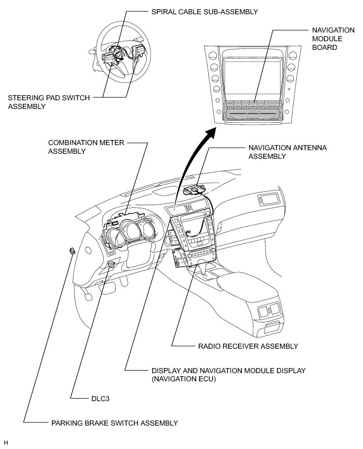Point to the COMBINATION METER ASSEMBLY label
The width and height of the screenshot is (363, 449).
pos(86,147)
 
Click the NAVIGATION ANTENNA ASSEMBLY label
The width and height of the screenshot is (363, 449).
pos(287,152)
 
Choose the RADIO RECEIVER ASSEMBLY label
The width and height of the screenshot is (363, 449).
pos(247,346)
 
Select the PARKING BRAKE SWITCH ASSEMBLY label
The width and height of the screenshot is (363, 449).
pos(114,423)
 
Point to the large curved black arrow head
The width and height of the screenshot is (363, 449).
pos(209,134)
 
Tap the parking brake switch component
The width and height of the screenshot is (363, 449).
pos(73,250)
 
